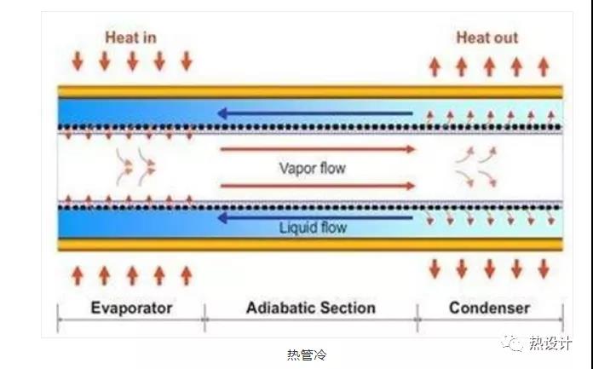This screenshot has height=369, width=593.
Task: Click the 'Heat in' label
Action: click(130, 37)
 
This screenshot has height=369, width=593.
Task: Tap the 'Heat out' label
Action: click(487, 37)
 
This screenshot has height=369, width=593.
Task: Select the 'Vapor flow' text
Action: click(313, 168)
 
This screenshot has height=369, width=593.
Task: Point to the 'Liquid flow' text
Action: click(313, 228)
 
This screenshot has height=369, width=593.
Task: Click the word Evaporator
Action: click(131, 308)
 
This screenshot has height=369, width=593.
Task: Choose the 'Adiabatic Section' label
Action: click(311, 308)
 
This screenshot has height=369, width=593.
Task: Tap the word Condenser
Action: click(489, 308)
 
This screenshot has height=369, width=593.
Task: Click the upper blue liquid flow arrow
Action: click(315, 113)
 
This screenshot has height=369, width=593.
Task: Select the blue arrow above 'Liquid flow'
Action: click(315, 217)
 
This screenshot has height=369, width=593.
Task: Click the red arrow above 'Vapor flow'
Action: click(318, 149)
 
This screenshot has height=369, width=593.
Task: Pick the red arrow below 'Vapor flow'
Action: click(318, 186)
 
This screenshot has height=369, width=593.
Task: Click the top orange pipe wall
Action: click(310, 92)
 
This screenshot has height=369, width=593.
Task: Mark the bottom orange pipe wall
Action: click(310, 245)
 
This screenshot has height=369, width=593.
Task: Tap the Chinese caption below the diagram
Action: click(307, 355)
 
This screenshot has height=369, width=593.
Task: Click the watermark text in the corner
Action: click(550, 343)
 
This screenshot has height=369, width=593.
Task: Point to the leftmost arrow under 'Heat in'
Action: click(78, 61)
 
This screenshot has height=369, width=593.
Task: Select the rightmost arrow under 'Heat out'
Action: click(544, 66)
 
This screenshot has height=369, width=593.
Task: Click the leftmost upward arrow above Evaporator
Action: click(78, 275)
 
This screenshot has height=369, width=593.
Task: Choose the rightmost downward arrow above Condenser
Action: click(544, 268)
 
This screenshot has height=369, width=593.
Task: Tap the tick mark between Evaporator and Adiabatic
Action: click(204, 318)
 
